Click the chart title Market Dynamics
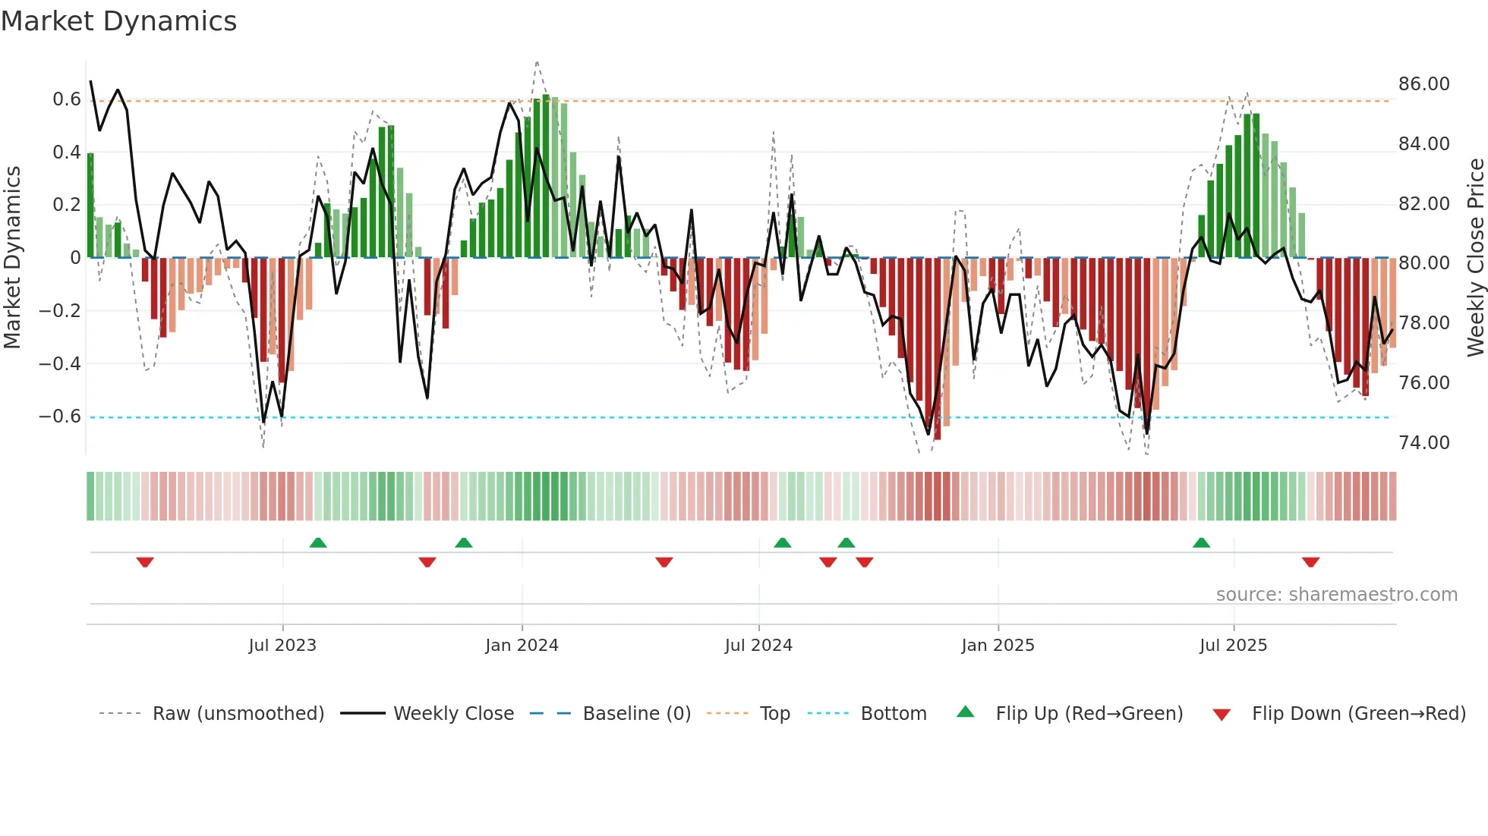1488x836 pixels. pyautogui.click(x=118, y=21)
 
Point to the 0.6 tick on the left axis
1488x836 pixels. pyautogui.click(x=66, y=99)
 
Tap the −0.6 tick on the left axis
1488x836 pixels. pyautogui.click(x=60, y=416)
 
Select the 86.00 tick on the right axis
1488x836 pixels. pyautogui.click(x=1423, y=84)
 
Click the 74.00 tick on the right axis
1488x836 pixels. pyautogui.click(x=1423, y=443)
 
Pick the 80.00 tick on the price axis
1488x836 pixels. pyautogui.click(x=1423, y=263)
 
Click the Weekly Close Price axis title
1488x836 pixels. pyautogui.click(x=1475, y=258)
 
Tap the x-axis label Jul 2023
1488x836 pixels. pyautogui.click(x=282, y=646)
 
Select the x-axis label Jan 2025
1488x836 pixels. pyautogui.click(x=998, y=646)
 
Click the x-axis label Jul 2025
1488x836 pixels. pyautogui.click(x=1233, y=646)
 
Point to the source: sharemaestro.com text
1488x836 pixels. pyautogui.click(x=1336, y=595)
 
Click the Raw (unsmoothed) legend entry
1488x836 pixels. pyautogui.click(x=238, y=714)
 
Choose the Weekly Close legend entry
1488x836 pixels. pyautogui.click(x=453, y=714)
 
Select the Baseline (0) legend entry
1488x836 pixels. pyautogui.click(x=636, y=714)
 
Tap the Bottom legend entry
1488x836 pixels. pyautogui.click(x=893, y=714)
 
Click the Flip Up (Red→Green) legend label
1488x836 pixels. pyautogui.click(x=1089, y=714)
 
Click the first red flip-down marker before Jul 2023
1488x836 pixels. pyautogui.click(x=145, y=561)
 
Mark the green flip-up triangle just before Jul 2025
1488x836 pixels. pyautogui.click(x=1201, y=542)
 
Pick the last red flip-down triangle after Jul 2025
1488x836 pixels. pyautogui.click(x=1310, y=561)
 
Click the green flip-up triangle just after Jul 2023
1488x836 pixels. pyautogui.click(x=318, y=542)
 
